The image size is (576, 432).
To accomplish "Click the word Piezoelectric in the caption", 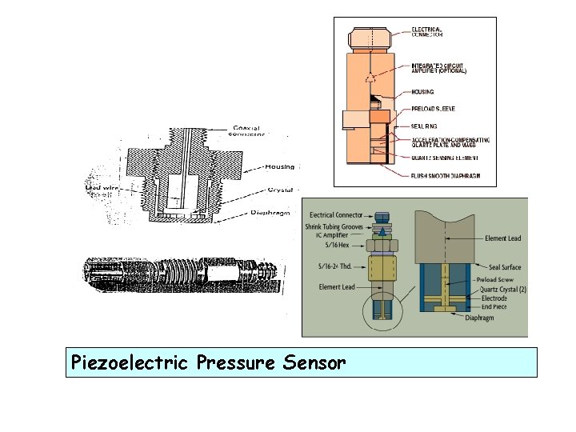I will click(128, 362).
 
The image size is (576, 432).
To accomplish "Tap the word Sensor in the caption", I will click(314, 362).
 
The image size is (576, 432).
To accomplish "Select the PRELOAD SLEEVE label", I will click(434, 108).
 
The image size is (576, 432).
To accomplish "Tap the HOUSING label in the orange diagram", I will click(422, 92).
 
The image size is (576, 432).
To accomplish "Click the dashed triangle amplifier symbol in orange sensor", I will click(369, 78).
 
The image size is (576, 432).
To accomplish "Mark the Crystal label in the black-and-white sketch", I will click(282, 190).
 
